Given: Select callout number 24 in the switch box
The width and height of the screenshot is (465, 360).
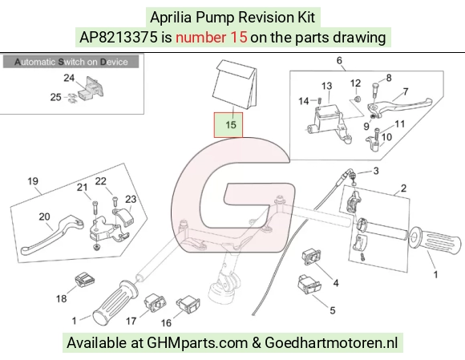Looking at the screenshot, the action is coord(69,78).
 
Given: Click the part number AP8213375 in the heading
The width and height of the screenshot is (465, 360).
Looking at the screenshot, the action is coord(119,38).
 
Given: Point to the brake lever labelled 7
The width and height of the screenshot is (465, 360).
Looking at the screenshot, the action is coord(399,106).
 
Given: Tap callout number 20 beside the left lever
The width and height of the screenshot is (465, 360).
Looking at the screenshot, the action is coord(44,216).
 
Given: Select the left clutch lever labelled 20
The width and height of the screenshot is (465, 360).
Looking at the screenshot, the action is coord(52,234).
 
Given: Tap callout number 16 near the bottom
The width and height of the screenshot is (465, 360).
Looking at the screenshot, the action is coord(166,322).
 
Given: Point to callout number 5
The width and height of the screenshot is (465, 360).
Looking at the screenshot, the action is coord(333,310).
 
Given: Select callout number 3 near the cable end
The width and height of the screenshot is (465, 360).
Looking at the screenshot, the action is coord(376,171).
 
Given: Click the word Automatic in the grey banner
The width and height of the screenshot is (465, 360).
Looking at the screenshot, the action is coord(35,62).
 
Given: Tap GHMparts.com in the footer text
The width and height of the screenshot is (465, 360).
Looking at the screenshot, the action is coord(197,343).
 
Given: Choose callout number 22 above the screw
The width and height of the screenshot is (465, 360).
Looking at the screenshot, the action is coord(100,181).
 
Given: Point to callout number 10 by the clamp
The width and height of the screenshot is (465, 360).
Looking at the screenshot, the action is coord(386,137).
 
